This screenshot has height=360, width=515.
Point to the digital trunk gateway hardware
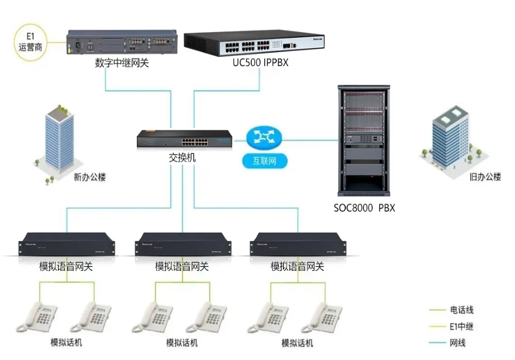tap(121, 42)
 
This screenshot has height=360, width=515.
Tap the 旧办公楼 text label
tap(485, 177)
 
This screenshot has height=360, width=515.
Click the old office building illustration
tap(450, 136)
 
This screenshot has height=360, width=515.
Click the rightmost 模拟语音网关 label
tap(297, 266)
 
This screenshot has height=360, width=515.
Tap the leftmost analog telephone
tap(37, 318)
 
